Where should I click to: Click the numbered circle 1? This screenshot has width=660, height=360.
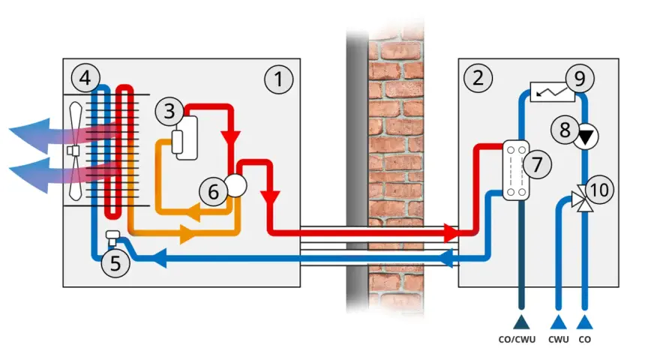[x=279, y=79]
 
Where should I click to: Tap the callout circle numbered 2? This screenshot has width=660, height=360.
[x=478, y=78]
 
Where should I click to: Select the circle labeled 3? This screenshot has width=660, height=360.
[x=169, y=111]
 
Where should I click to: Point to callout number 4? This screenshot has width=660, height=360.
[x=85, y=78]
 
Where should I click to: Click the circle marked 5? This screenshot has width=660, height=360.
[x=115, y=263]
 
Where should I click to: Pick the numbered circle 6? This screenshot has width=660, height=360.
[x=214, y=192]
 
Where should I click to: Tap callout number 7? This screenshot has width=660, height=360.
[x=537, y=164]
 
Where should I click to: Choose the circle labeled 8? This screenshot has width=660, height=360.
[x=565, y=130]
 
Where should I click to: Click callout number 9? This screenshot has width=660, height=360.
[x=580, y=78]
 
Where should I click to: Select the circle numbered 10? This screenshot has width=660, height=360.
[x=599, y=190]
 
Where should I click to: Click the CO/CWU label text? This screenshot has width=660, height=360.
[x=517, y=339]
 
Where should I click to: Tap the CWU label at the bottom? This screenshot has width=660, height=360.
[x=559, y=339]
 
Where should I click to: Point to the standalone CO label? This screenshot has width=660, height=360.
[x=585, y=339]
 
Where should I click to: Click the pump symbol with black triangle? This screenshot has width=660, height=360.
[x=586, y=136]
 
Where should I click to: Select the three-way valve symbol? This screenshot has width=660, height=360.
[x=583, y=199]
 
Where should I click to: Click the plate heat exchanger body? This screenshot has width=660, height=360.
[x=516, y=170]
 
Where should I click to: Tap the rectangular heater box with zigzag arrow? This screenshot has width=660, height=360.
[x=552, y=91]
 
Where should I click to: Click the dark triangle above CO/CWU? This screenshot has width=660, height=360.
[x=521, y=322]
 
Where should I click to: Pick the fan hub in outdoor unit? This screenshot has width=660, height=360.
[x=73, y=150]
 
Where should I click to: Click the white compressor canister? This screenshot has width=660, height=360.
[x=187, y=138]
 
